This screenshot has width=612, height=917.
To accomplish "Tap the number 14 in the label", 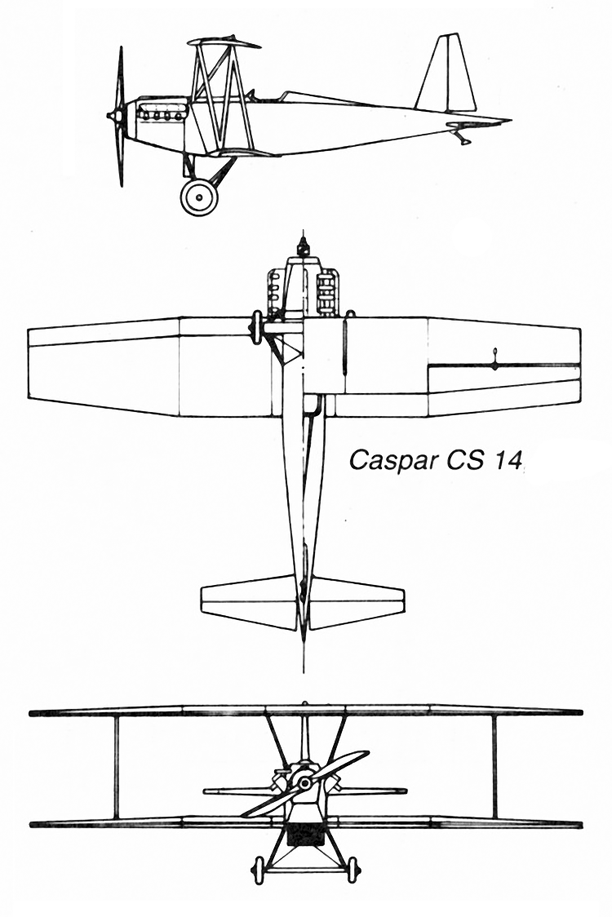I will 506,459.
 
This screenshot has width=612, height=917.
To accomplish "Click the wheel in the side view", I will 198,197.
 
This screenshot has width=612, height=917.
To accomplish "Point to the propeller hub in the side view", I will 114,117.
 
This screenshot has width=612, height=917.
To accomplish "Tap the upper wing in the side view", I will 224,42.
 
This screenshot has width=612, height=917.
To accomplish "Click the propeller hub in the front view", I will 304,783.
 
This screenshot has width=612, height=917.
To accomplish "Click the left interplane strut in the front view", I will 116,767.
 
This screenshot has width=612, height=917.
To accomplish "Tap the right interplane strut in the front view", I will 494,767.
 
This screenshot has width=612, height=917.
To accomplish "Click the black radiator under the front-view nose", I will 304,834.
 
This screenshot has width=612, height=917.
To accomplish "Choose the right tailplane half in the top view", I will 357,602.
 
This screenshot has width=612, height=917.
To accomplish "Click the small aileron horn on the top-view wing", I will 495,360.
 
